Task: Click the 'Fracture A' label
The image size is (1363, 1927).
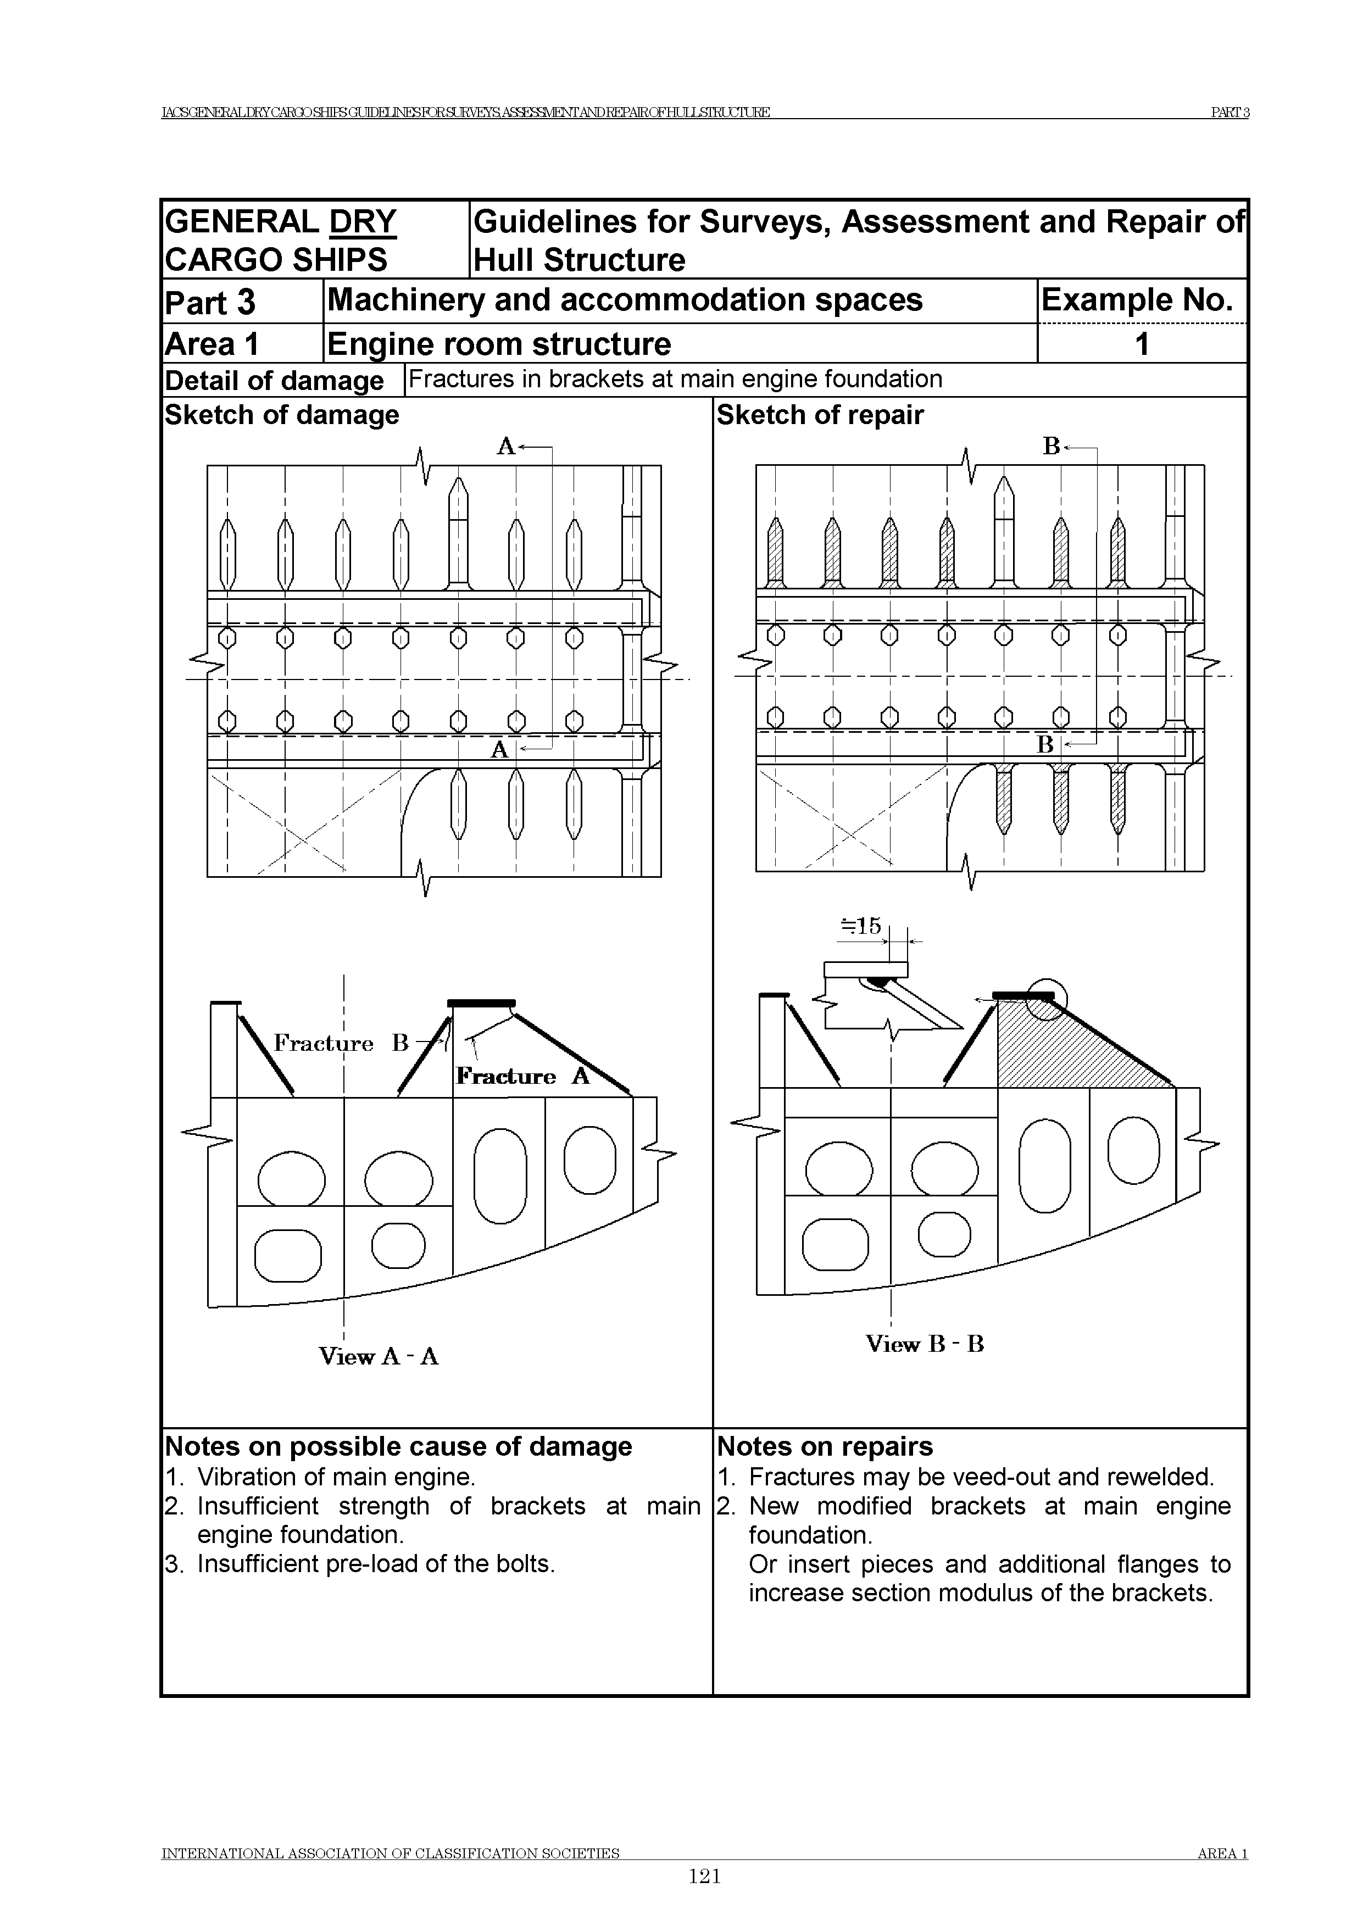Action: (x=522, y=1076)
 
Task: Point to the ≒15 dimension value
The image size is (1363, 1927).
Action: (x=862, y=927)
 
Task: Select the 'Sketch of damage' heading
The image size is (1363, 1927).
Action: (x=282, y=415)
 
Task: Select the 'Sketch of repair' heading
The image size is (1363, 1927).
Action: (x=820, y=415)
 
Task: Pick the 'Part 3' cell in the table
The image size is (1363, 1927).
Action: (x=210, y=302)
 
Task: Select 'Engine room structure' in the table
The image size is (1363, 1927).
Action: (x=499, y=344)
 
